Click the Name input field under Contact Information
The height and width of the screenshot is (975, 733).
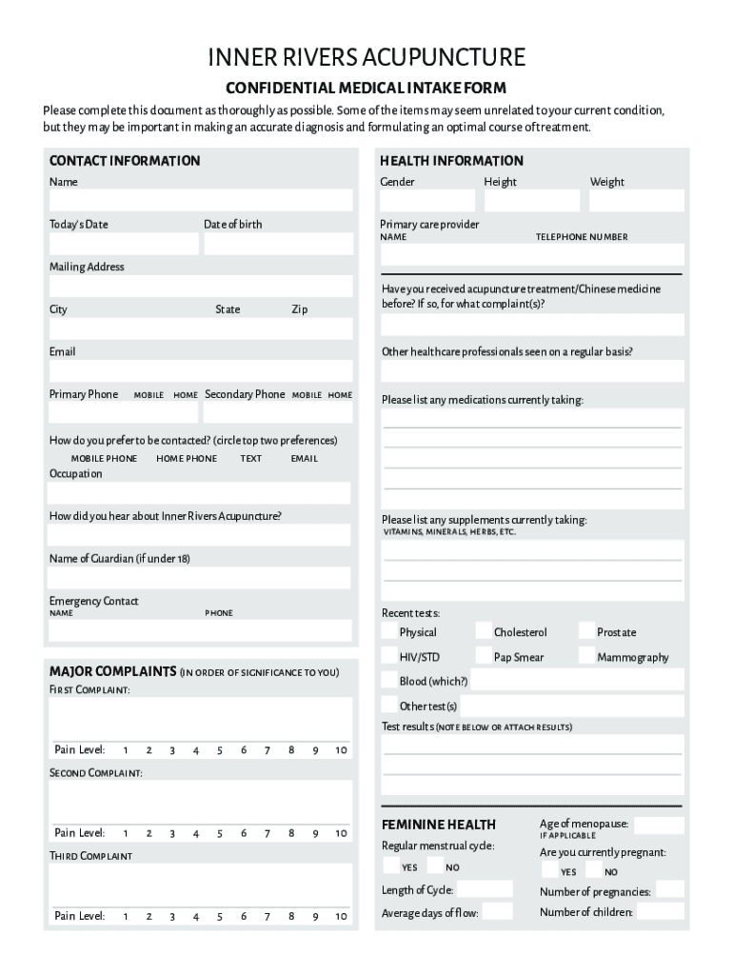pos(201,201)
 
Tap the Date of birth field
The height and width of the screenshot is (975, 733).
pos(278,244)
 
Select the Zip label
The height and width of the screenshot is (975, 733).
pos(299,309)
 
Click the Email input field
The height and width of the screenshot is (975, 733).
pos(201,371)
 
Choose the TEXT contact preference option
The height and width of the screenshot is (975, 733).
pos(250,459)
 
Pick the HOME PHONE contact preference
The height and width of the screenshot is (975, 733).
pos(187,459)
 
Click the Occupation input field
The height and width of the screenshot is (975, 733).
pos(200,493)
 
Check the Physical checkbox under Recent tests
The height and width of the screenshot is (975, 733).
pos(389,632)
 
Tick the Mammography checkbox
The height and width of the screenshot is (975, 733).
pos(587,657)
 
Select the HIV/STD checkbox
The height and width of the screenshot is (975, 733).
pos(389,657)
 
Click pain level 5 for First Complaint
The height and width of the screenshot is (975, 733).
pos(219,750)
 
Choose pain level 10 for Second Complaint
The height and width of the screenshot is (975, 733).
pos(341,833)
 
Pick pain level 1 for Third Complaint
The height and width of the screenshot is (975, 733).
pos(125,916)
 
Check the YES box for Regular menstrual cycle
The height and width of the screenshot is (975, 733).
pos(391,866)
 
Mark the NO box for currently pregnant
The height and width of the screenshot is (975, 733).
pos(594,871)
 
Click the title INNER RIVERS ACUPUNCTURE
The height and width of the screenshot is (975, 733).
pos(366,58)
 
